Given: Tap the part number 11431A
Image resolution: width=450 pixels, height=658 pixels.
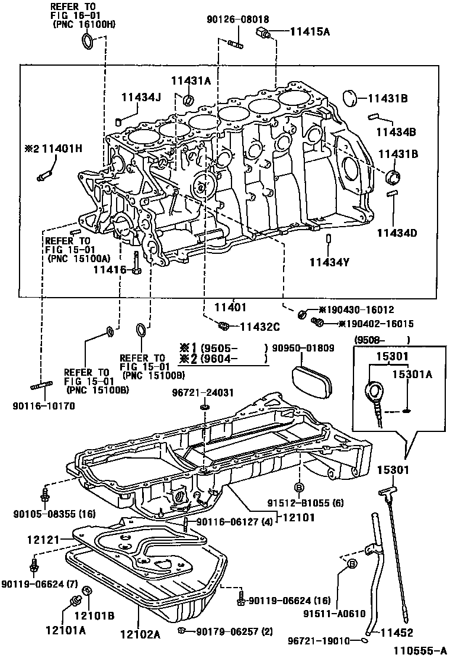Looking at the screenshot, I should coord(191,82).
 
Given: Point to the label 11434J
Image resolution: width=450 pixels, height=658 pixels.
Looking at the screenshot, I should coord(142,97).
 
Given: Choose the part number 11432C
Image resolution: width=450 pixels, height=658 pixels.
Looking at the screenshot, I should coord(259,326).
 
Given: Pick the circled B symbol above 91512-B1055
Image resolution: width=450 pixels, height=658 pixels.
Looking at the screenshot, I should coord(299,487).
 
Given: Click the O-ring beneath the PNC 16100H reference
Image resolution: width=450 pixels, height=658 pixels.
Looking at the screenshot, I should coord(86,41).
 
